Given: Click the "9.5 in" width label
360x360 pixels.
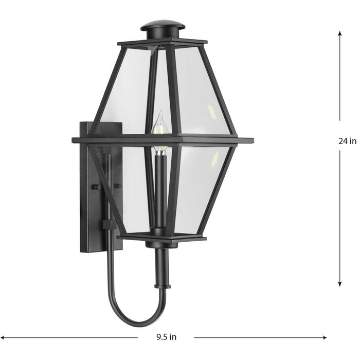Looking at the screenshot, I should pyautogui.click(x=166, y=337).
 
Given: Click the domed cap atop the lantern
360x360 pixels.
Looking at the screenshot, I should pyautogui.click(x=163, y=26).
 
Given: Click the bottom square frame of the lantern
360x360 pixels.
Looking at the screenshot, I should pyautogui.click(x=162, y=238).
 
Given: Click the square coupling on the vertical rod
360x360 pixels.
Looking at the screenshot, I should pyautogui.click(x=110, y=225).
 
